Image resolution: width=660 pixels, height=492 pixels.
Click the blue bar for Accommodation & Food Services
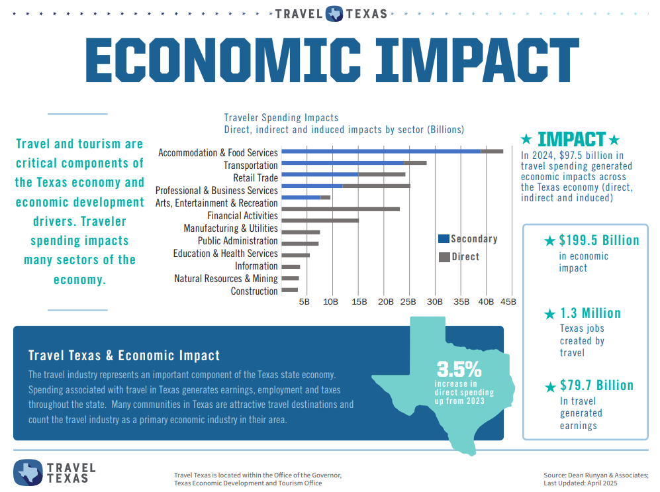pos(381,151)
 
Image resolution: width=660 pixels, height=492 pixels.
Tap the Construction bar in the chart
pos(289,290)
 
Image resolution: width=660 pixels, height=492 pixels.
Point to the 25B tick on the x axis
pos(408,302)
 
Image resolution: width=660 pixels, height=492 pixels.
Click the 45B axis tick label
pos(508,302)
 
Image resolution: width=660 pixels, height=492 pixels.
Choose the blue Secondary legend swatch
pos(444,239)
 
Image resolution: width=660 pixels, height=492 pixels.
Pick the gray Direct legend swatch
pos(444,257)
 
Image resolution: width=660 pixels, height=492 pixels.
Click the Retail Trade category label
pos(255,178)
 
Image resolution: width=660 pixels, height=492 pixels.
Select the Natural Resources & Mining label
pos(226,279)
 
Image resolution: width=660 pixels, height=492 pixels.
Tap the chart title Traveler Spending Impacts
pos(281,118)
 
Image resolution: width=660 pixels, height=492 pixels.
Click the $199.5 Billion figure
pos(598,240)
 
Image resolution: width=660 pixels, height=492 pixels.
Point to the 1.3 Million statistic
pos(590,313)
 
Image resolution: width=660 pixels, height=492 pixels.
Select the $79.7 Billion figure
pos(596,385)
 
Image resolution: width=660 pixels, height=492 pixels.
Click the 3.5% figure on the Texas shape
pos(459,369)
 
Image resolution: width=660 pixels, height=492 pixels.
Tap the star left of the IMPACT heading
pos(526,140)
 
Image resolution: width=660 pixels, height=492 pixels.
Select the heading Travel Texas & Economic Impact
pos(124,356)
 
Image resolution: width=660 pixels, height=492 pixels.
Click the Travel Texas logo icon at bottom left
pos(28,471)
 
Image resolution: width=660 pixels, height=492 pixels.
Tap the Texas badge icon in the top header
pos(334,13)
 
